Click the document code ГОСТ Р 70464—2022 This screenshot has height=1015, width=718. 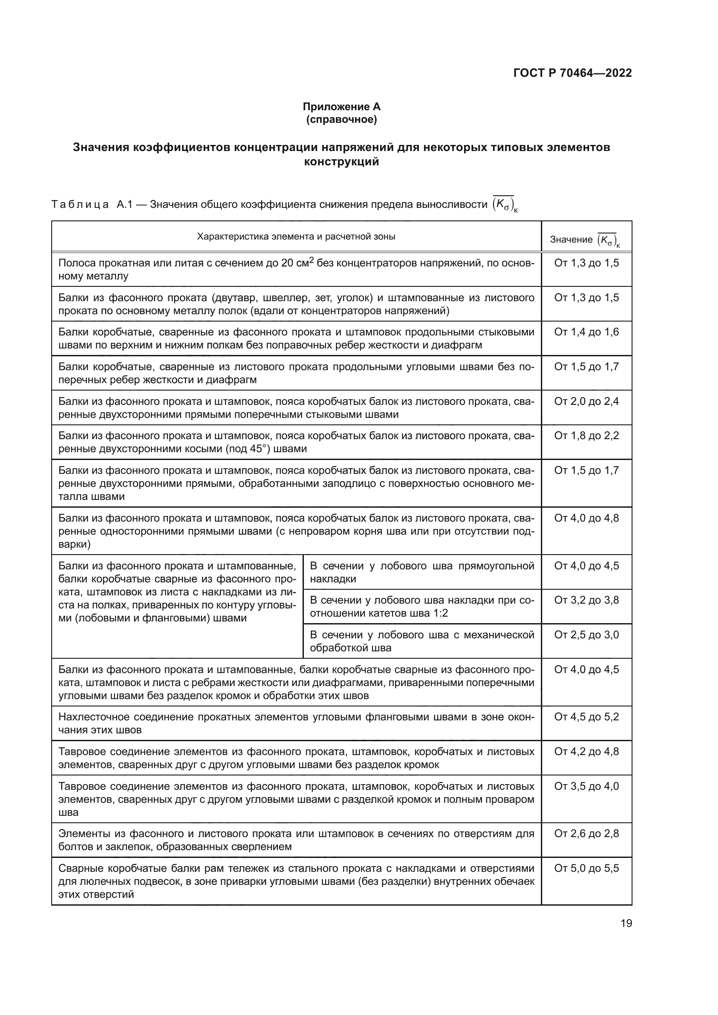click(x=573, y=73)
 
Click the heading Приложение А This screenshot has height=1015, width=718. click(x=341, y=107)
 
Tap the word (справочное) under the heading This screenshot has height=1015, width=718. click(x=341, y=119)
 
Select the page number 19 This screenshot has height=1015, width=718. click(x=626, y=923)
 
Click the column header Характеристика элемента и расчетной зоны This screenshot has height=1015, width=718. click(x=296, y=237)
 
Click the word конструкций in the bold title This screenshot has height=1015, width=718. click(x=341, y=162)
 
